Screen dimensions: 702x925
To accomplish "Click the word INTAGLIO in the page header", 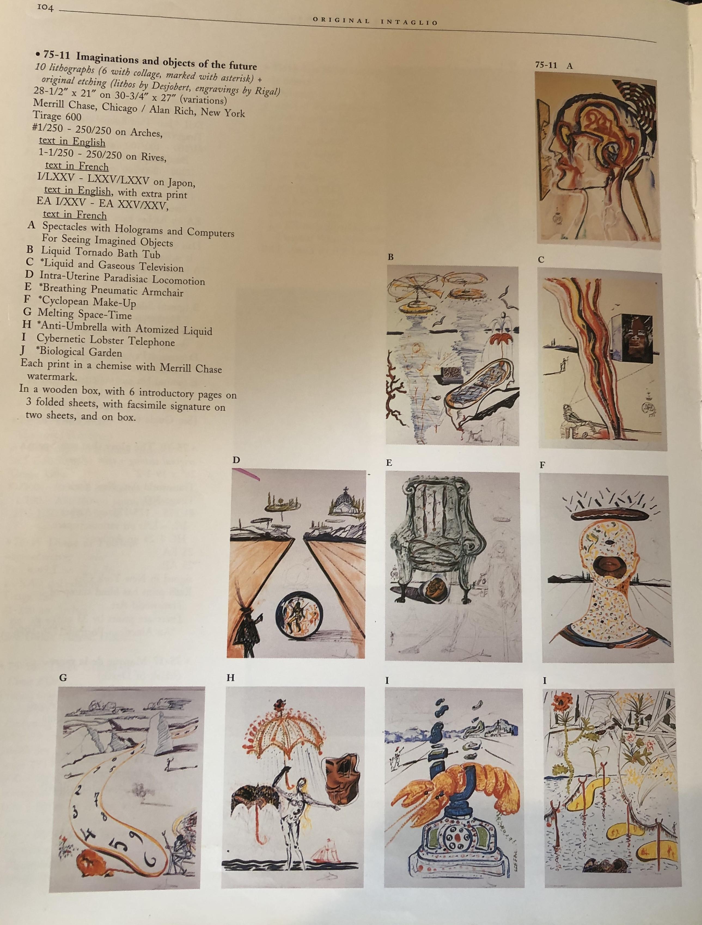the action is [409, 22].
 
